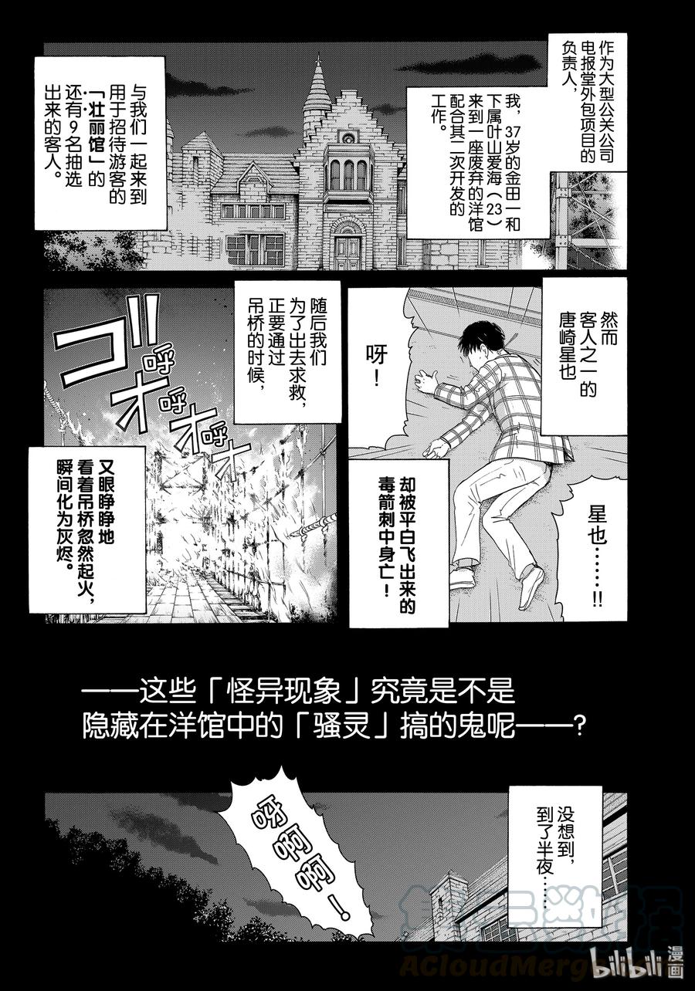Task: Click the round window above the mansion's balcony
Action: coord(347,137)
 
